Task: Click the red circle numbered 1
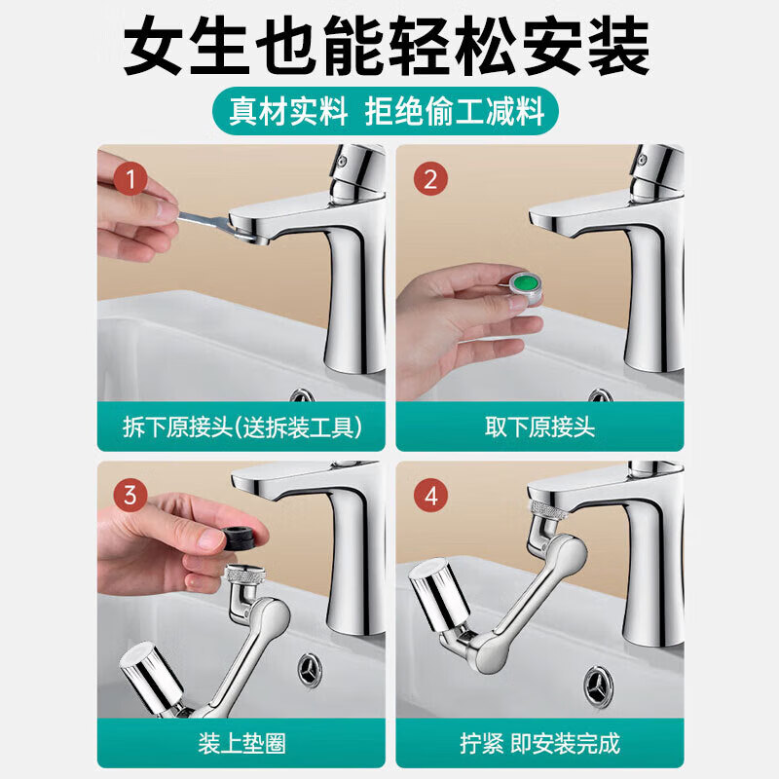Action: (x=130, y=180)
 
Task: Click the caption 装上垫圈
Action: (x=241, y=744)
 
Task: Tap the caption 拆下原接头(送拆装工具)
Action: (x=241, y=427)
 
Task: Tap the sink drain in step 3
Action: (x=314, y=669)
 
